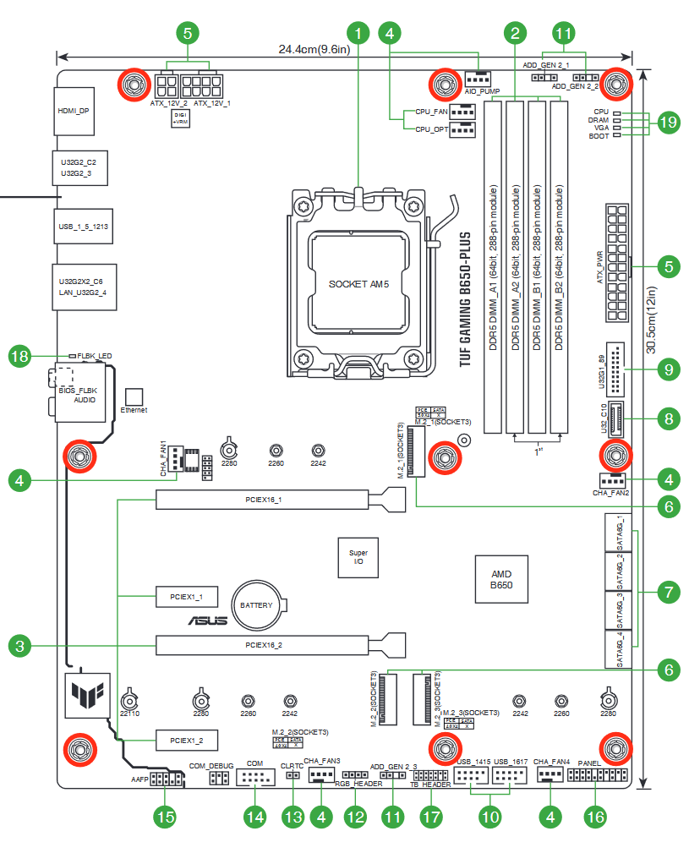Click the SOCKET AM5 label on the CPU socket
point(358,285)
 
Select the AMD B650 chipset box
point(501,579)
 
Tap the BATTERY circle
point(256,605)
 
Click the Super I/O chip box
point(358,556)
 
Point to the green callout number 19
point(668,123)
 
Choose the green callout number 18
point(20,356)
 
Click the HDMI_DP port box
point(74,111)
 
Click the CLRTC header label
point(292,765)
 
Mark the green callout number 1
point(359,34)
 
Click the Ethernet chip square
point(134,396)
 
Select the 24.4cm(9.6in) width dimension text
point(314,50)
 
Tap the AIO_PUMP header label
point(483,90)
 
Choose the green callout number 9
point(668,369)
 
